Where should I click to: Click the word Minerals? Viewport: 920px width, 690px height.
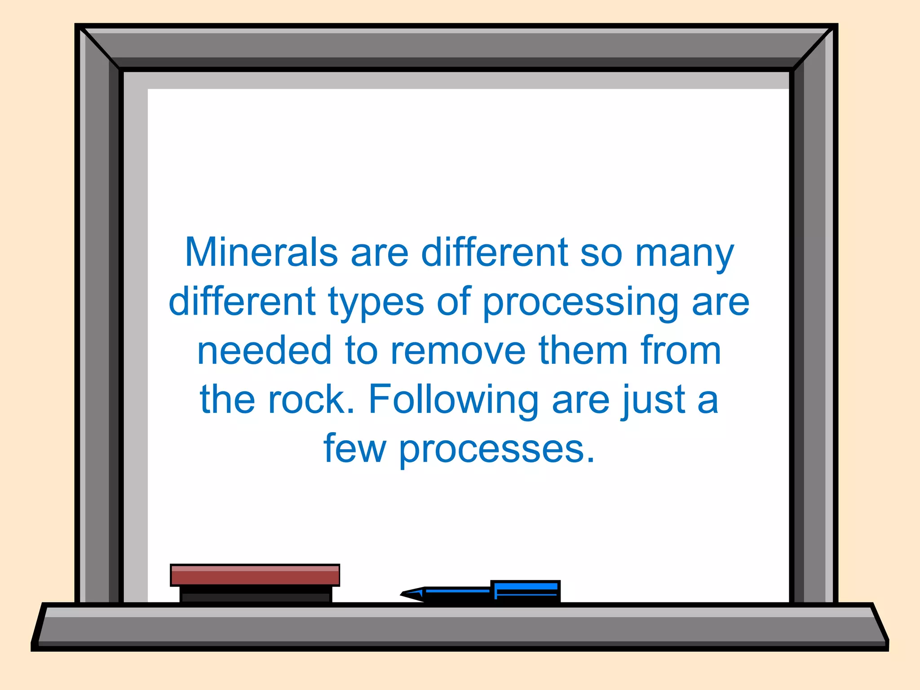(261, 252)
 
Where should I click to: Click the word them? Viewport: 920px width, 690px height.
(583, 350)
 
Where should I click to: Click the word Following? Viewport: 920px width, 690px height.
(453, 400)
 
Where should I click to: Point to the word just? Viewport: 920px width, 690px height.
(653, 400)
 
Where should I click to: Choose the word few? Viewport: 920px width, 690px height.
(354, 448)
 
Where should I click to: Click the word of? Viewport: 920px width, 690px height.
(454, 302)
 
